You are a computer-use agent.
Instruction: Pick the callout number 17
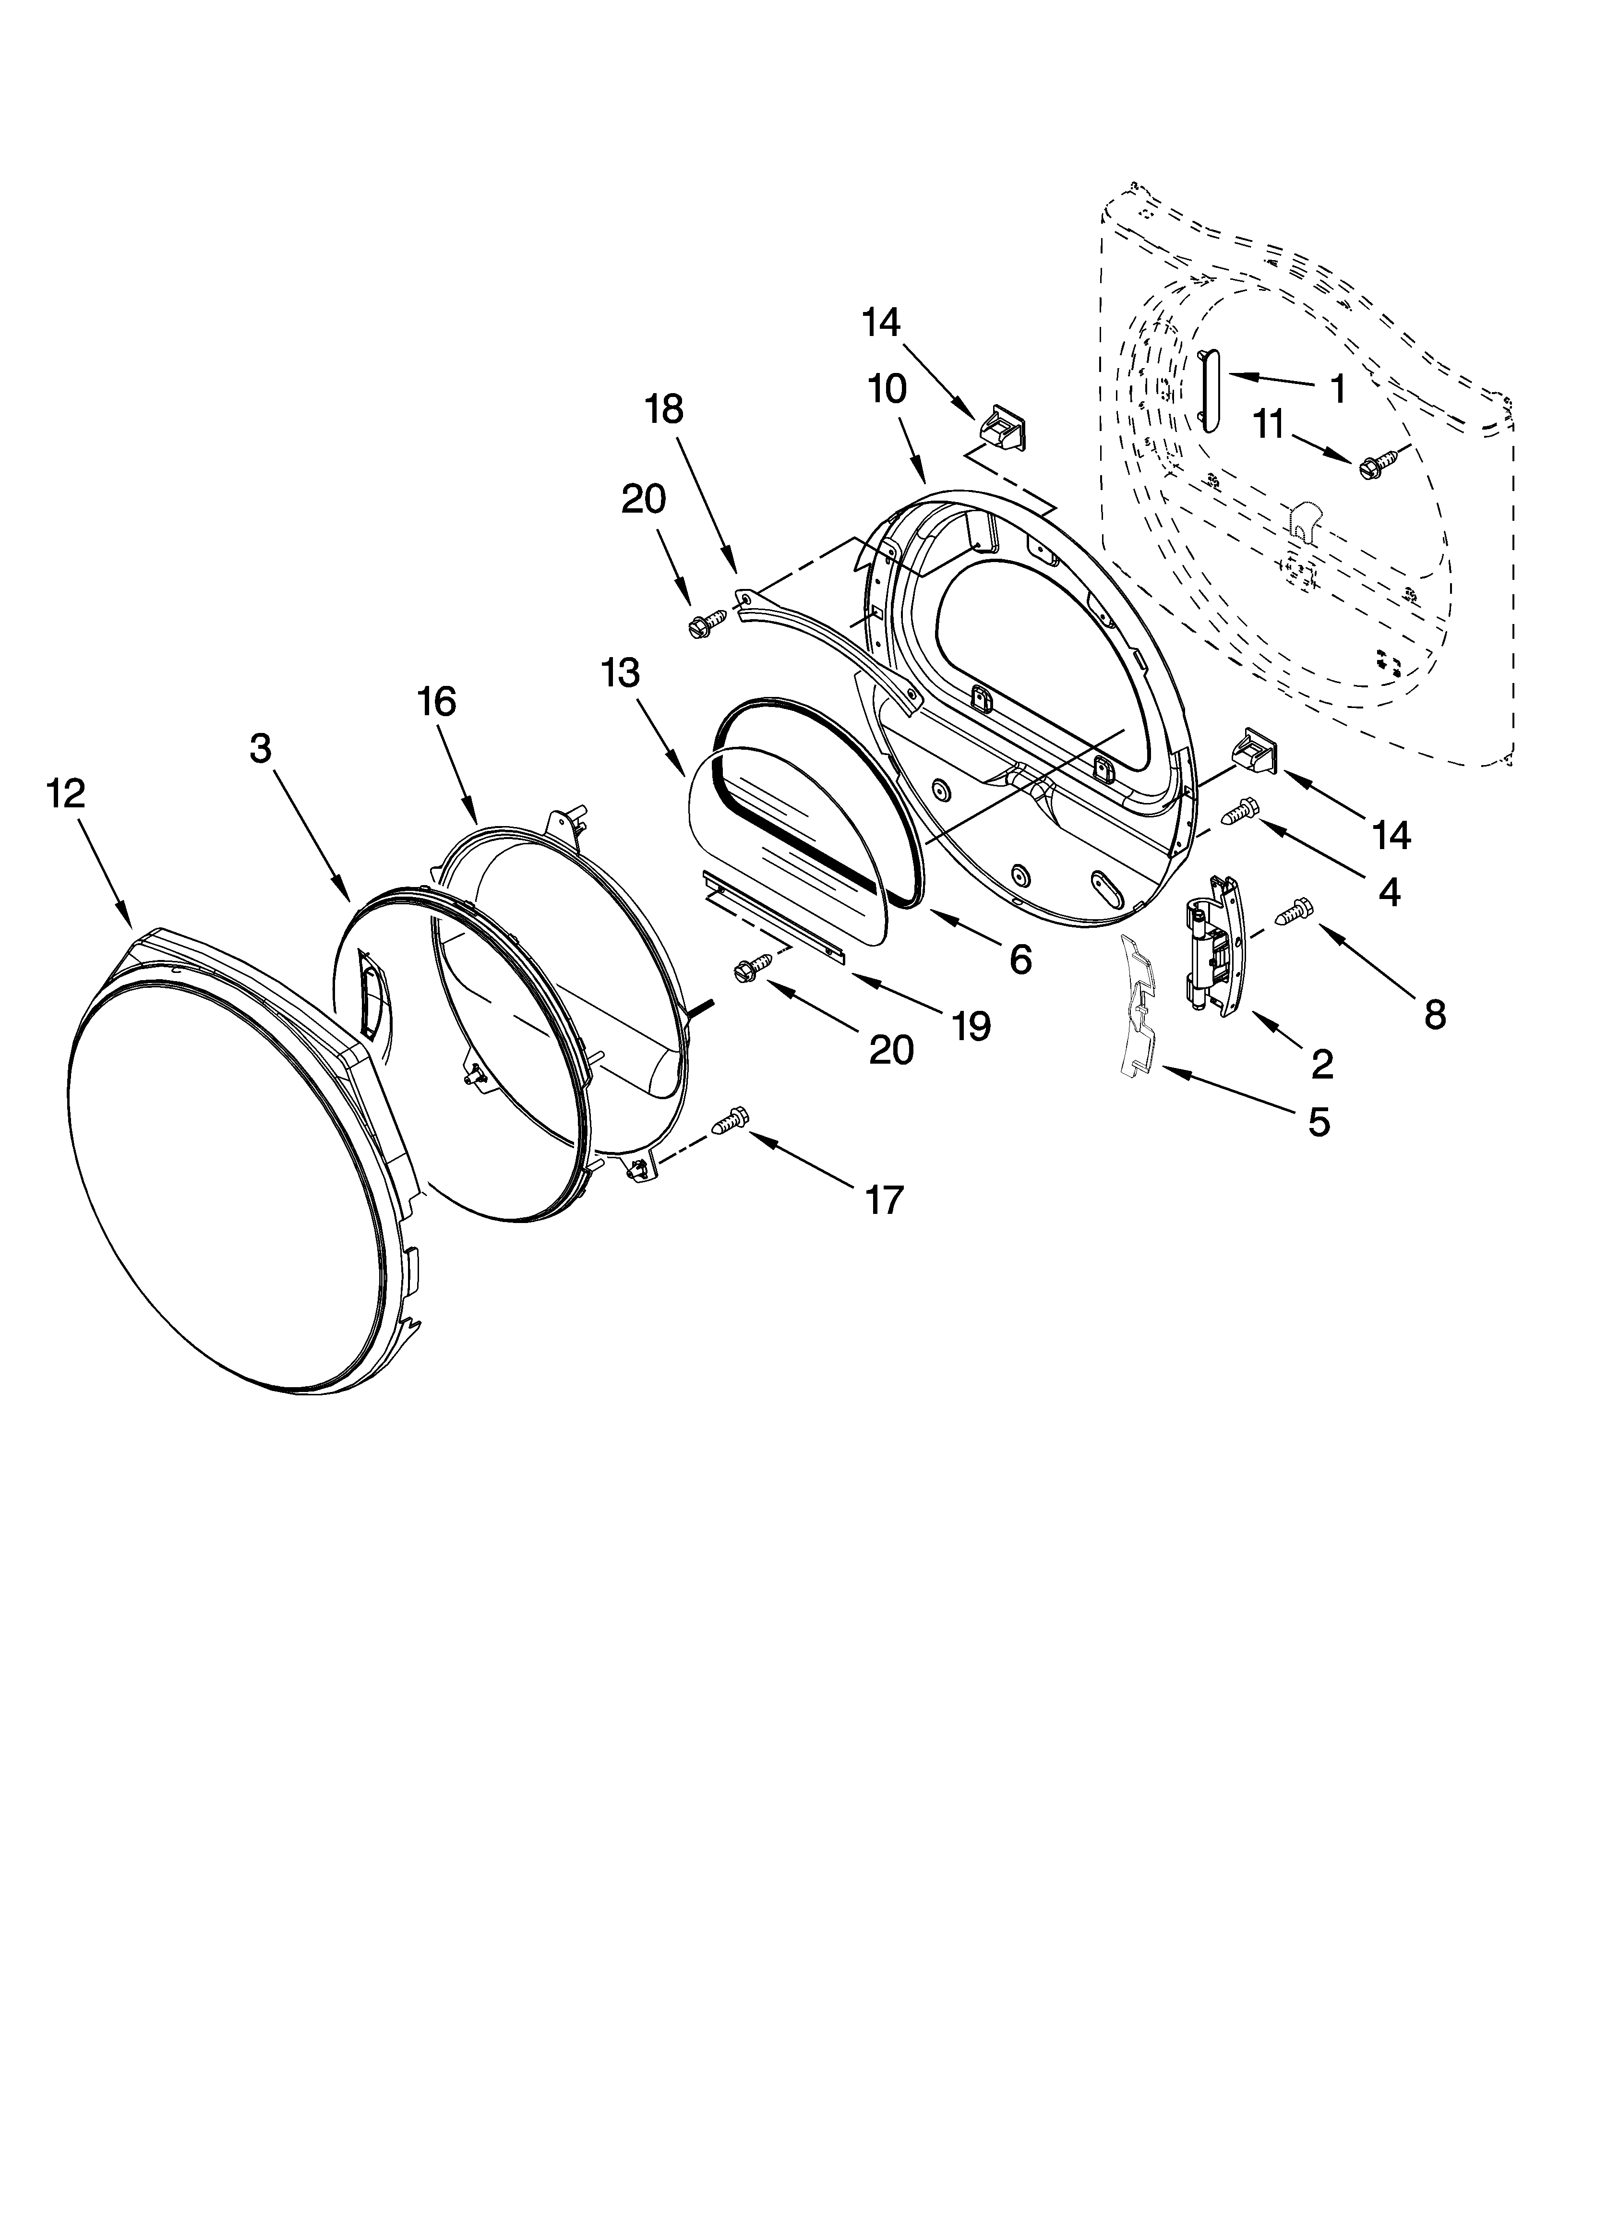pyautogui.click(x=883, y=1199)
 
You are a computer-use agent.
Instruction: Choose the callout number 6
pyautogui.click(x=1020, y=961)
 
